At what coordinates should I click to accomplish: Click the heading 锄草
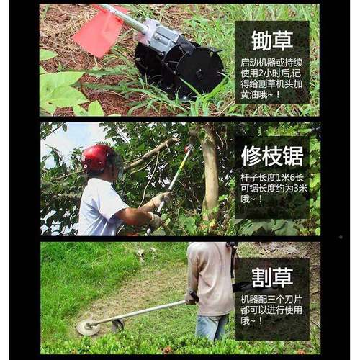271,40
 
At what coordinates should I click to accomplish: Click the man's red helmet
97,157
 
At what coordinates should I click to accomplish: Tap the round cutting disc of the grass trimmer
88,328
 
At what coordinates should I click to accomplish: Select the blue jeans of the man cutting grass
212,326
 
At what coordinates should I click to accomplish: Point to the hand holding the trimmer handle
191,297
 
